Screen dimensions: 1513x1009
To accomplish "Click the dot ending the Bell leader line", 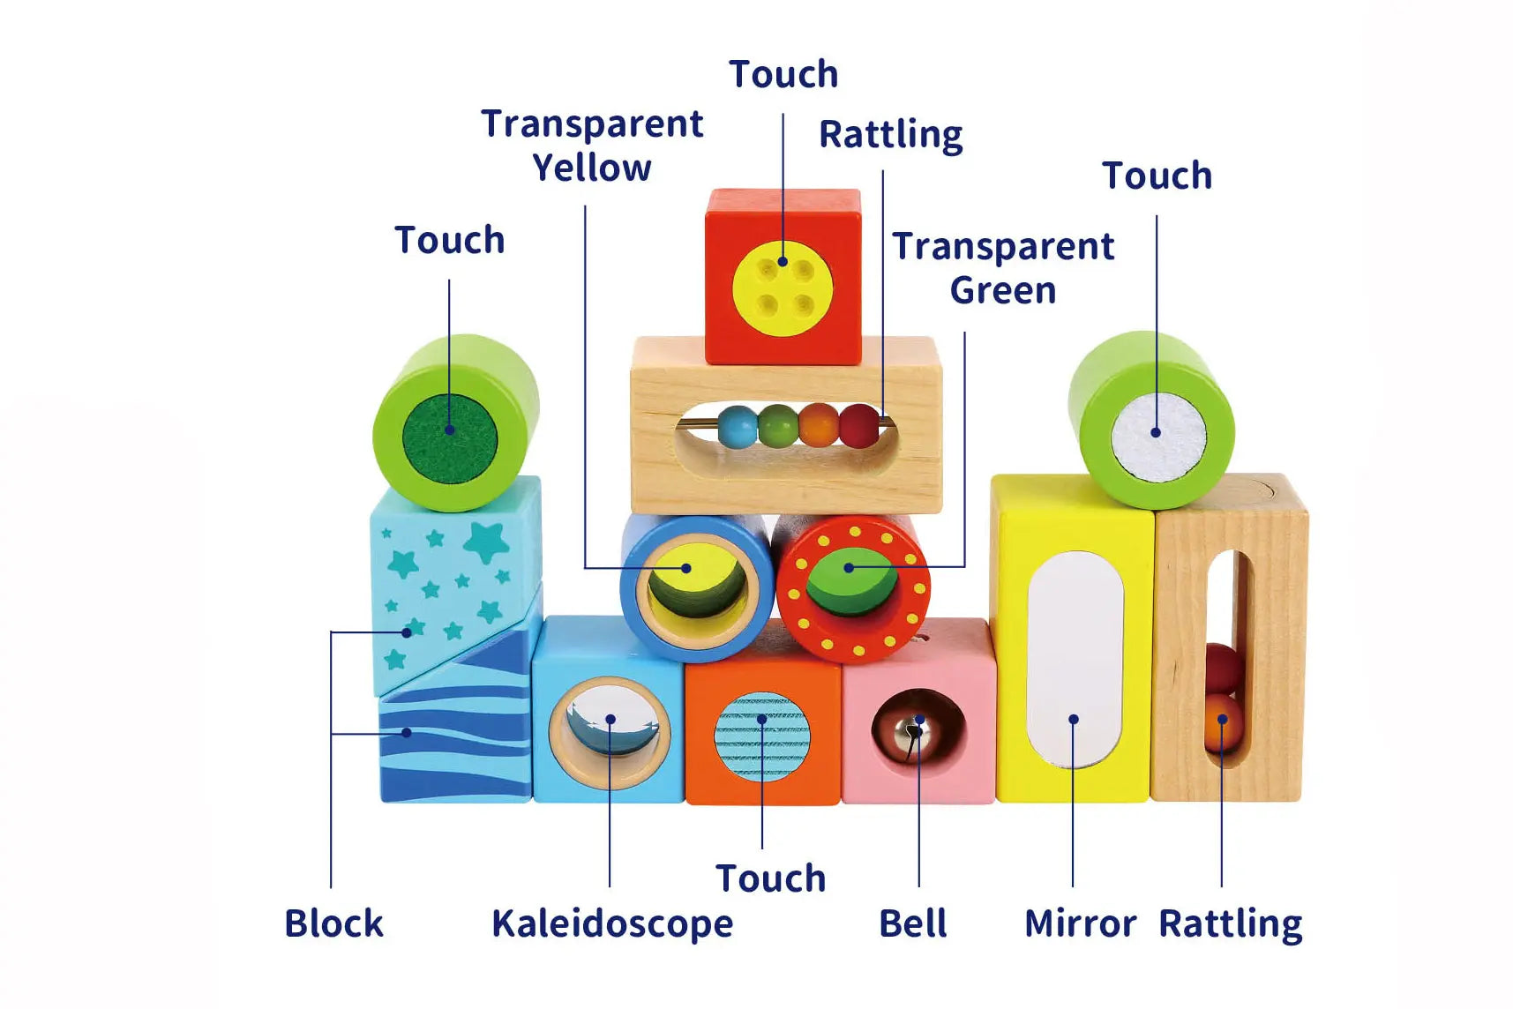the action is (x=918, y=720).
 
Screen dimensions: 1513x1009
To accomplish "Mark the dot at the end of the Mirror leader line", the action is (x=1073, y=720).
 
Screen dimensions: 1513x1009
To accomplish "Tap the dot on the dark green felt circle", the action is (x=449, y=430).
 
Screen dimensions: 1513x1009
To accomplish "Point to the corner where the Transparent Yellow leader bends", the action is (x=585, y=567).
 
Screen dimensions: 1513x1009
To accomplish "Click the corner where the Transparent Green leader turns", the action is (x=964, y=566).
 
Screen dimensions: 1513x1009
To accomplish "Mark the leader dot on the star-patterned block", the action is (x=407, y=632).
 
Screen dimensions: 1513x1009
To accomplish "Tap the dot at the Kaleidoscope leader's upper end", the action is (x=610, y=720).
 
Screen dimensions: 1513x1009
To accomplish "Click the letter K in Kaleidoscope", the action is (x=504, y=923).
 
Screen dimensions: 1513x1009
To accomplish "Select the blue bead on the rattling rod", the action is (x=738, y=427).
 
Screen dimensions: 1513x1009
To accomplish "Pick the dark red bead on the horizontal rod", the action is (x=859, y=425).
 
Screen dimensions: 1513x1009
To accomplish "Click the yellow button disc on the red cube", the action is (x=783, y=288).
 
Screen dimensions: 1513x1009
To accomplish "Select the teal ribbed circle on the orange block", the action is (x=762, y=737).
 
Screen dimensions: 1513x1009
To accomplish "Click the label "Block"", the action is (x=333, y=923).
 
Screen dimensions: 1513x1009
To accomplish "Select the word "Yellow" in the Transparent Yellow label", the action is (x=592, y=168).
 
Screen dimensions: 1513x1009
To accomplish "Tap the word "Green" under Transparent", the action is (x=1003, y=290).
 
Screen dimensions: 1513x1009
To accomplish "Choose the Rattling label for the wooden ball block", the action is (x=1231, y=924).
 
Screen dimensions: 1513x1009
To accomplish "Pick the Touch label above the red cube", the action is (x=783, y=74).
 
